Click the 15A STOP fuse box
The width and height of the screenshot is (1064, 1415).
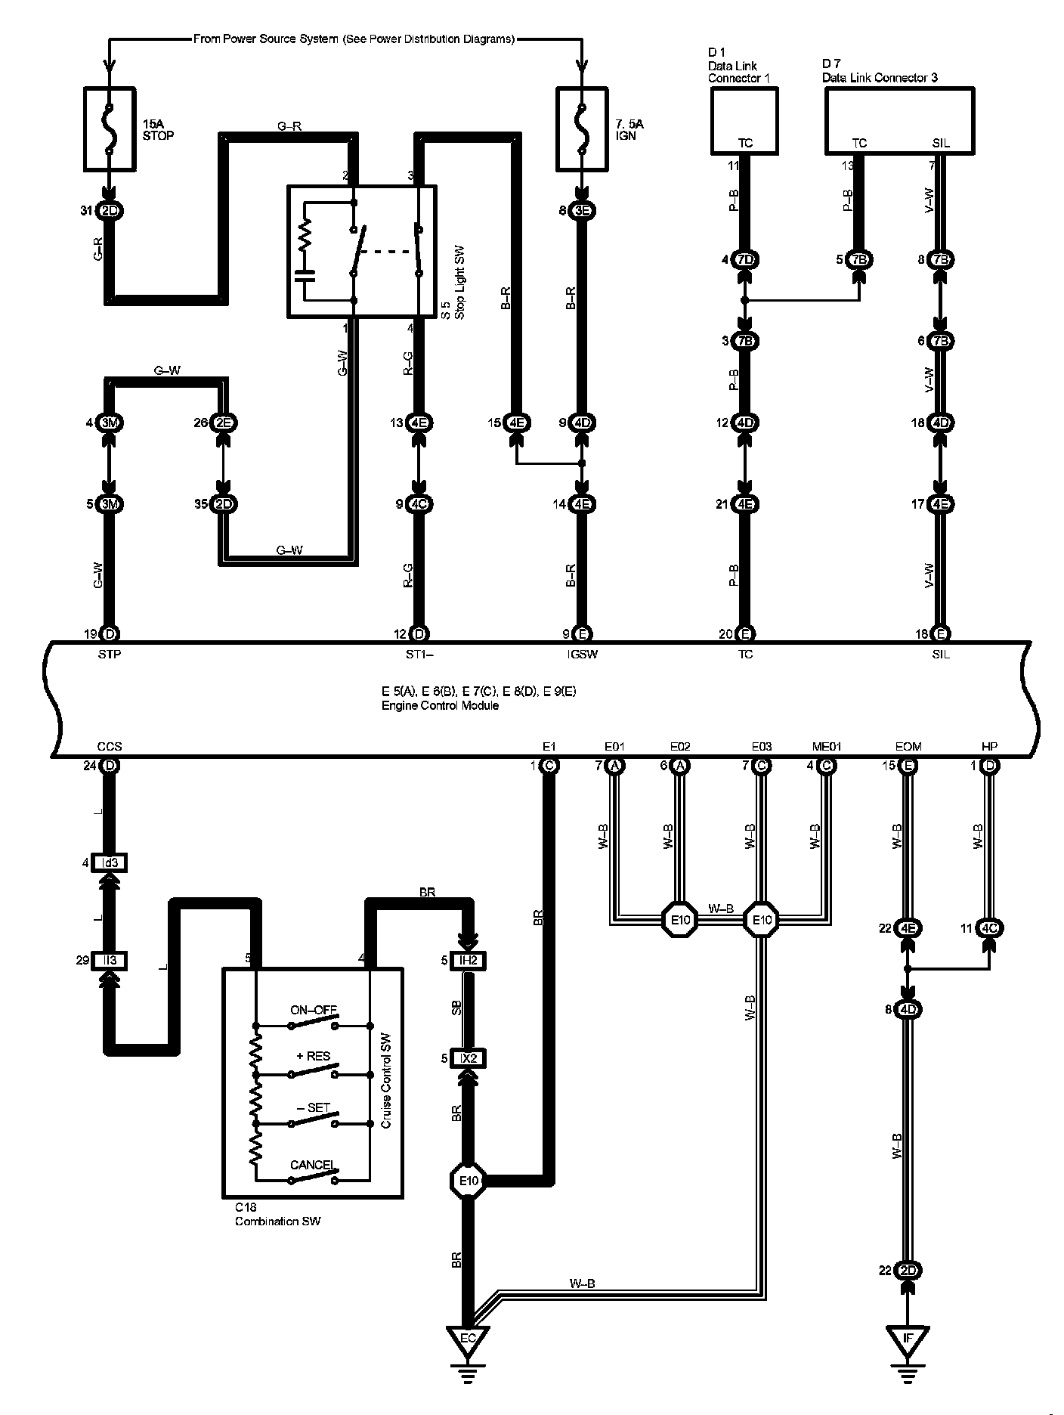click(110, 128)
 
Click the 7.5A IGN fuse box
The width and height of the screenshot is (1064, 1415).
click(581, 128)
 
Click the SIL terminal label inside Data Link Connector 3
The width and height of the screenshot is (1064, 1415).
click(941, 144)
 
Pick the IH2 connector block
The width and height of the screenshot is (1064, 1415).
click(469, 961)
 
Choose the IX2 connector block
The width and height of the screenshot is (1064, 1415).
click(469, 1058)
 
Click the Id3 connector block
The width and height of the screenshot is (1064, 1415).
click(110, 862)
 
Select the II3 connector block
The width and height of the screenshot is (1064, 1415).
click(110, 961)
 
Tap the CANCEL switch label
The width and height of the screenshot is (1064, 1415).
click(312, 1165)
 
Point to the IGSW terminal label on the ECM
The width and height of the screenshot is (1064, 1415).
click(582, 655)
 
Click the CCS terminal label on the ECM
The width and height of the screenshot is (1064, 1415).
click(110, 747)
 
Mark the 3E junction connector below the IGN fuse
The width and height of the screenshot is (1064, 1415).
click(582, 211)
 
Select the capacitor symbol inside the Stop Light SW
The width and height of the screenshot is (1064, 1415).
click(305, 275)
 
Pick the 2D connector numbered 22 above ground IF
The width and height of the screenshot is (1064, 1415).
click(908, 1271)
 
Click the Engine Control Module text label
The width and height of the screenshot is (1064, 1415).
click(440, 706)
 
